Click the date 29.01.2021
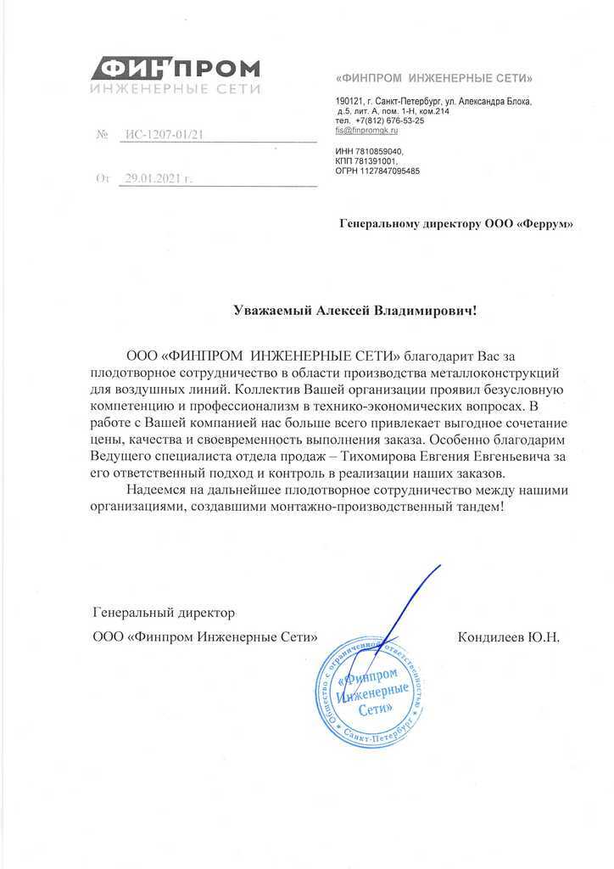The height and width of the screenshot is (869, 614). (x=152, y=179)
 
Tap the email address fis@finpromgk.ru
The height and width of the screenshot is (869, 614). (x=366, y=131)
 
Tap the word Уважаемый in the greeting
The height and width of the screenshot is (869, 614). (x=273, y=311)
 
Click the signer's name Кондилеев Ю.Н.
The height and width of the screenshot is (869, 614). (x=508, y=636)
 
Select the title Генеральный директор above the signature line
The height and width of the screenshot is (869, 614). (x=163, y=611)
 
